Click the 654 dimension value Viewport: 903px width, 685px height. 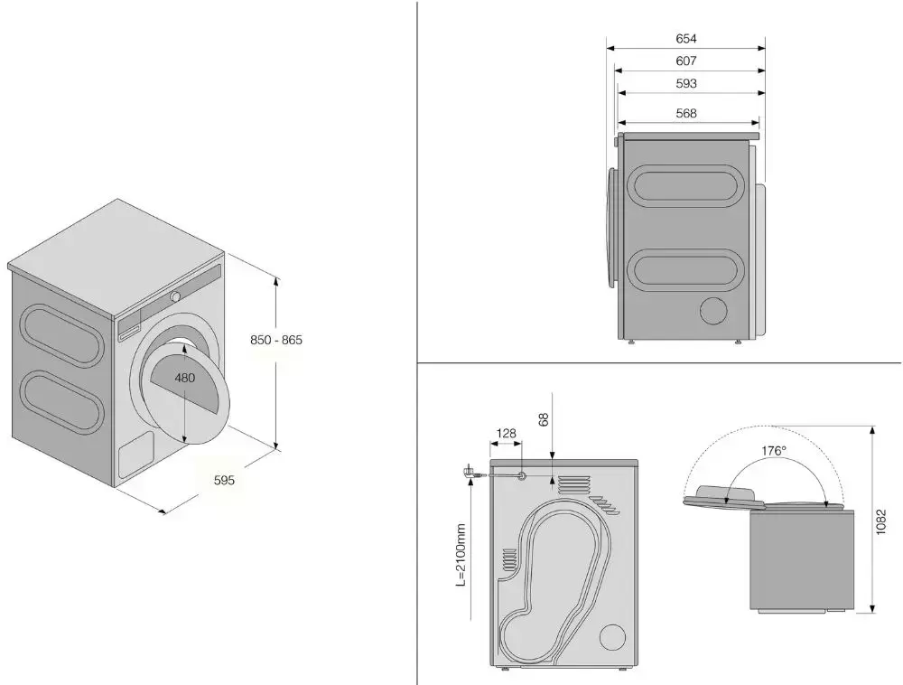[686, 39]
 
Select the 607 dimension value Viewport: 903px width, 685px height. [686, 61]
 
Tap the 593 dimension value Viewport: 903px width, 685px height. [686, 84]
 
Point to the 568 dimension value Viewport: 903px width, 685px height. [686, 114]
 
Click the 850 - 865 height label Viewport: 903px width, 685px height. [276, 341]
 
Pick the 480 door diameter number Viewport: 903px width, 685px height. [184, 378]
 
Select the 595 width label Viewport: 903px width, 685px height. [224, 481]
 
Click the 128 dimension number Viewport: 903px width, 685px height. [507, 434]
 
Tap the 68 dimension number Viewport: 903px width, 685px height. [544, 419]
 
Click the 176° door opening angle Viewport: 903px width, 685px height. [774, 451]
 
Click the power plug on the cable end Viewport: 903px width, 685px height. [470, 472]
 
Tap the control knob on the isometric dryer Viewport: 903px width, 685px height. [176, 296]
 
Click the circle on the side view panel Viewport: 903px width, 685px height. [714, 310]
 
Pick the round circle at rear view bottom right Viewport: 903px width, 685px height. [611, 636]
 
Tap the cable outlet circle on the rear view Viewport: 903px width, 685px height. [523, 475]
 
